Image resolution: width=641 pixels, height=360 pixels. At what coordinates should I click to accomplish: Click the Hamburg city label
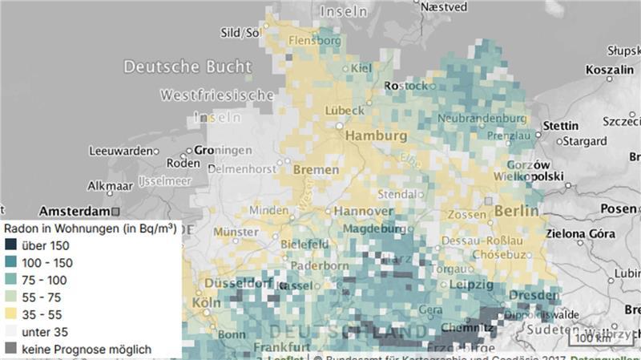[377, 137]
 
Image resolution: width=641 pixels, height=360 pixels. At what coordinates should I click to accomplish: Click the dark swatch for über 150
[10, 245]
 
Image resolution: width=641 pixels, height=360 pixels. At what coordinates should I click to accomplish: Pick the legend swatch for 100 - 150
[10, 262]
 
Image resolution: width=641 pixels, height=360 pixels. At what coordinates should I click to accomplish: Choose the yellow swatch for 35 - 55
[10, 314]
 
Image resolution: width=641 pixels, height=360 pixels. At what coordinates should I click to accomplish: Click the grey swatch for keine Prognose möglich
[10, 349]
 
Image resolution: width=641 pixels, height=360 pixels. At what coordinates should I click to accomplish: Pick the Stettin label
[560, 126]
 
